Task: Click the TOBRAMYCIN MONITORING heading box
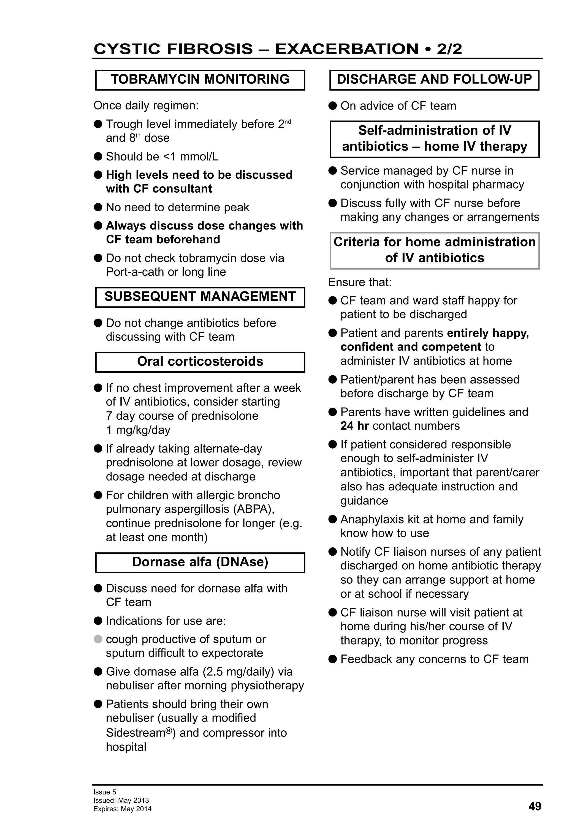200,80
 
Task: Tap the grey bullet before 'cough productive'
98,639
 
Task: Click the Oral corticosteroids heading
200,361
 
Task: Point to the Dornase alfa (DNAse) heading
200,562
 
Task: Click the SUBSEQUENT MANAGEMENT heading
200,296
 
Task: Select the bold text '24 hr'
354,426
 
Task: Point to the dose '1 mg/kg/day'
138,430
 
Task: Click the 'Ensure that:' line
359,282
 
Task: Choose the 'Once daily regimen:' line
146,106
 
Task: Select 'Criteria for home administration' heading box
434,250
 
